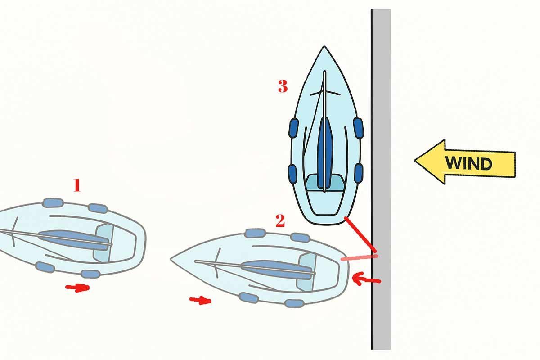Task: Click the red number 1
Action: [x=77, y=185]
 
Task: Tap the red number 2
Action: [x=280, y=220]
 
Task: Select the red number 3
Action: [x=283, y=86]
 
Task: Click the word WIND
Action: [x=468, y=163]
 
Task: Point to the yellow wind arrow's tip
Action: [x=414, y=160]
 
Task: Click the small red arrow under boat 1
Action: [x=77, y=288]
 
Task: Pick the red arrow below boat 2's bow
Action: [x=201, y=301]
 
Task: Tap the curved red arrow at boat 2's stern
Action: [x=366, y=279]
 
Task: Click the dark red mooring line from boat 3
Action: [x=360, y=234]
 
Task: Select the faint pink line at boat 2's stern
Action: [x=359, y=258]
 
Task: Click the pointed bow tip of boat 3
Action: [x=324, y=46]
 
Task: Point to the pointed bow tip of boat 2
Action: [x=171, y=259]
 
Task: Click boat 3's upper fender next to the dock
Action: [x=359, y=128]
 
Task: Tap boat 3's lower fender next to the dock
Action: [x=359, y=174]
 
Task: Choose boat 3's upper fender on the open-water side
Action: [x=293, y=128]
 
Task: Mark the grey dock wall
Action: [x=381, y=179]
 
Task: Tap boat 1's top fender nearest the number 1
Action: [x=53, y=203]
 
